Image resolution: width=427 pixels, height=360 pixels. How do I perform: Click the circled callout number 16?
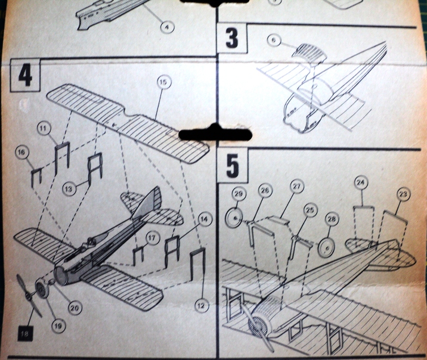tap(22, 154)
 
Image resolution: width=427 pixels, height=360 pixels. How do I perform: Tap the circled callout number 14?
tap(205, 219)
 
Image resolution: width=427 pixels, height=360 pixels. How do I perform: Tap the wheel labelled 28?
tap(326, 248)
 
